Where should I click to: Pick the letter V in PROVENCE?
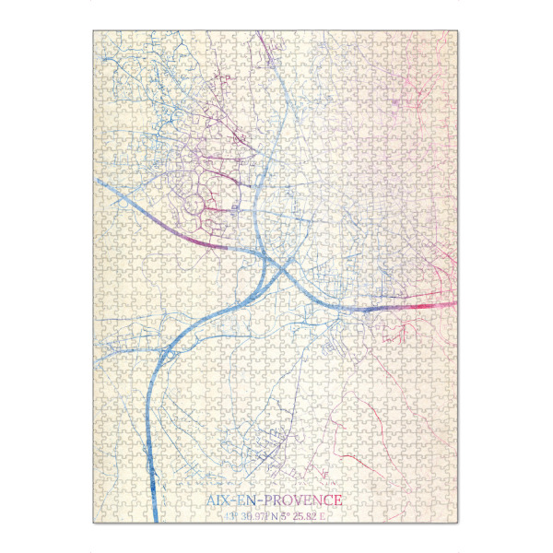[x=296, y=500]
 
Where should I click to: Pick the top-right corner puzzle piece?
[x=451, y=38]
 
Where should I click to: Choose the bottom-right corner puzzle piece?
[x=451, y=516]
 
